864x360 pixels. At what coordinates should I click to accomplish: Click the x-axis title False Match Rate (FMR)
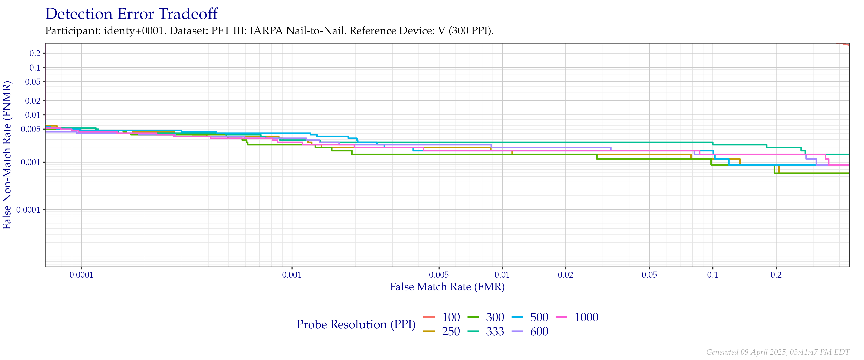447,287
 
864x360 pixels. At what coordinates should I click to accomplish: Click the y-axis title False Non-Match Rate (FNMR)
7,155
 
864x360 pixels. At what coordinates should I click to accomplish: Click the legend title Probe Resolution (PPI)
356,324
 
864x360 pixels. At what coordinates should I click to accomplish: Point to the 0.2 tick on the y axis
35,53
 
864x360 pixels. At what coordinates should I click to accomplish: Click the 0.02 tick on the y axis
33,101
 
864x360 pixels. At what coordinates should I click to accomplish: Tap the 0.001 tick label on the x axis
292,275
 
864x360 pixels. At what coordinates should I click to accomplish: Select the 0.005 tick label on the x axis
439,275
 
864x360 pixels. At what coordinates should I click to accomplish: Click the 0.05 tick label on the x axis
649,275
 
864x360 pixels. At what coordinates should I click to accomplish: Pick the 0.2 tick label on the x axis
776,275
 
